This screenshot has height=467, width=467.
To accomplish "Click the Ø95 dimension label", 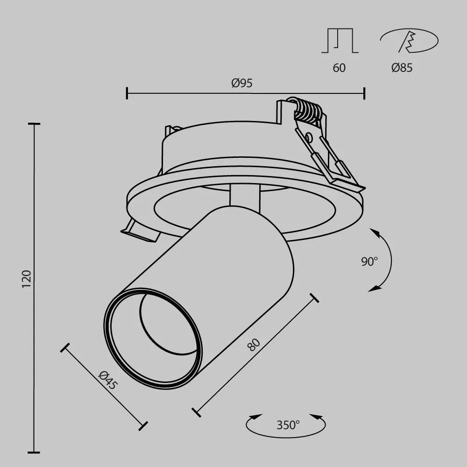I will pyautogui.click(x=242, y=83).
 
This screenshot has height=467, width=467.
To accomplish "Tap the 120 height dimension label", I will pyautogui.click(x=27, y=278).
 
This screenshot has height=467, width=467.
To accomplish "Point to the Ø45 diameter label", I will pyautogui.click(x=108, y=380).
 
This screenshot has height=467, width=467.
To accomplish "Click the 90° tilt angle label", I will pyautogui.click(x=369, y=262).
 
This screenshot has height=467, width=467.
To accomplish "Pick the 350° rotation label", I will pyautogui.click(x=288, y=425).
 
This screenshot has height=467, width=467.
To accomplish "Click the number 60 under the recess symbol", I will pyautogui.click(x=339, y=68).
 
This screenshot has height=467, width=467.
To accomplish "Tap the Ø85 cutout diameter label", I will pyautogui.click(x=402, y=68).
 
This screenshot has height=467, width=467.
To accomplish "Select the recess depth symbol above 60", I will pyautogui.click(x=340, y=41).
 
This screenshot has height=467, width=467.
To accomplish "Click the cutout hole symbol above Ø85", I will pyautogui.click(x=409, y=41).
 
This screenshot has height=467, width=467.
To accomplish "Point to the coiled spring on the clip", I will pyautogui.click(x=306, y=111).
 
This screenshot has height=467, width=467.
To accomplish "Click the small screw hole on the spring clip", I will pyautogui.click(x=308, y=137).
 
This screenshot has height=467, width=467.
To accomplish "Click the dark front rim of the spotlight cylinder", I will pyautogui.click(x=108, y=327).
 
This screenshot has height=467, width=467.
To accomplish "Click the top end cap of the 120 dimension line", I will pyautogui.click(x=34, y=124).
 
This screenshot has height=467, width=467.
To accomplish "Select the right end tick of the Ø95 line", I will pyautogui.click(x=364, y=93).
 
